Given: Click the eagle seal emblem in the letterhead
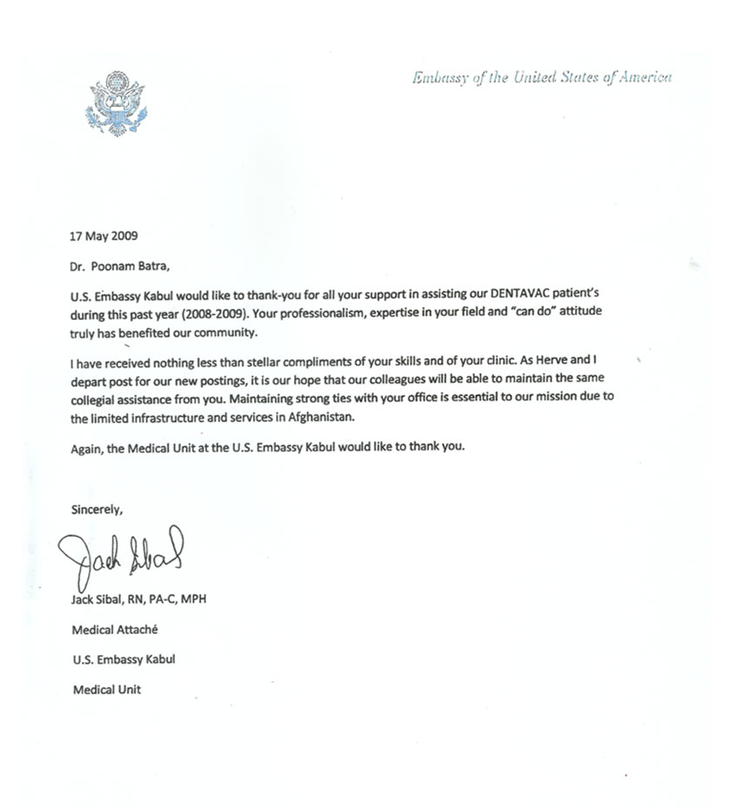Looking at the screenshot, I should (117, 104).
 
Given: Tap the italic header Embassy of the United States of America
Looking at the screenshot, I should (542, 77).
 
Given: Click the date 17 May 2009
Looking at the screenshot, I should (104, 236).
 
